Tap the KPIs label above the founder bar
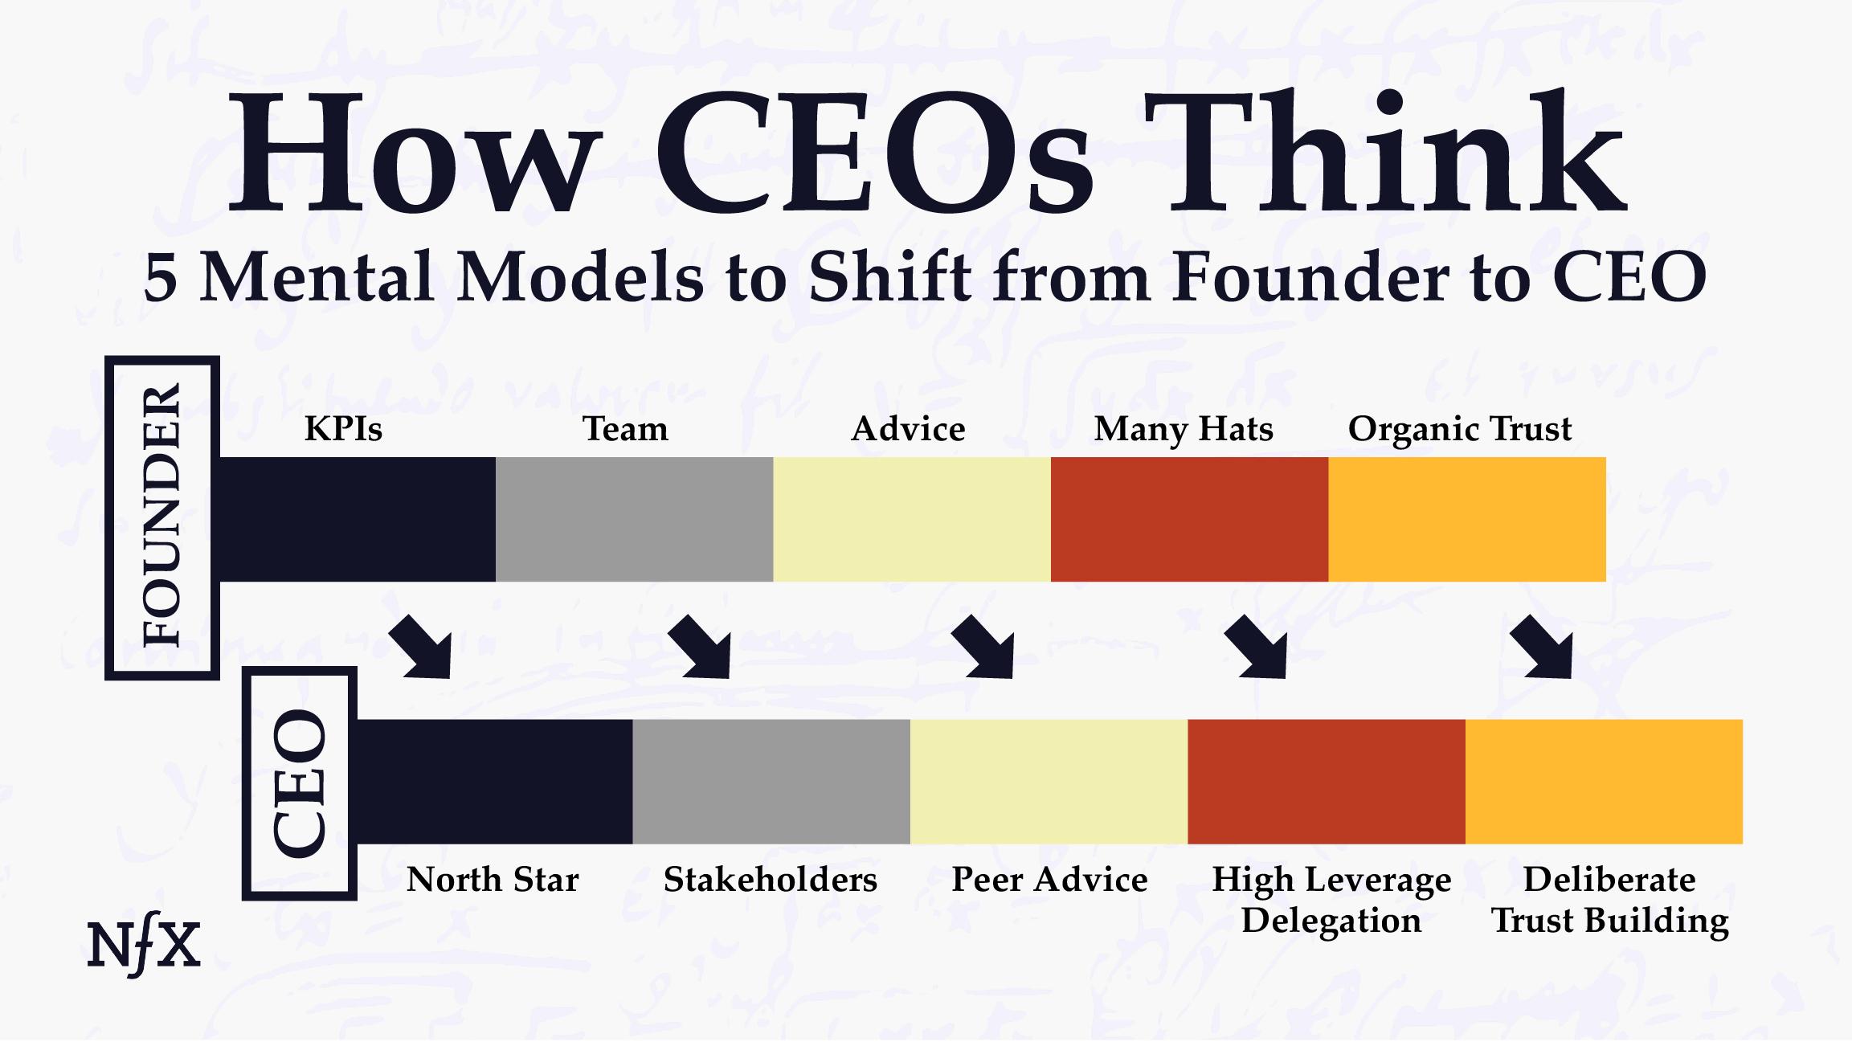tap(343, 429)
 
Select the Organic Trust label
tap(1459, 429)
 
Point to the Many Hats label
tap(1183, 429)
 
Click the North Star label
tap(493, 880)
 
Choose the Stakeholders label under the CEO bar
tap(770, 880)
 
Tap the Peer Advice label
tap(1049, 880)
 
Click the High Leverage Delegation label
tap(1331, 900)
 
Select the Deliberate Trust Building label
tap(1609, 900)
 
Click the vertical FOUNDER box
tap(162, 518)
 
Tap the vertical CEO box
tap(300, 783)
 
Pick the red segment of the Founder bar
tap(1189, 520)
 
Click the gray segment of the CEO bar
tap(771, 782)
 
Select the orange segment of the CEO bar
tap(1604, 782)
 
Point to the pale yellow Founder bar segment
tap(912, 520)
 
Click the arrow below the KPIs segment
tap(422, 648)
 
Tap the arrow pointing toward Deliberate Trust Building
tap(1543, 648)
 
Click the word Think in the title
tap(1386, 153)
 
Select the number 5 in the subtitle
tap(160, 279)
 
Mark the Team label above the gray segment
tap(625, 429)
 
